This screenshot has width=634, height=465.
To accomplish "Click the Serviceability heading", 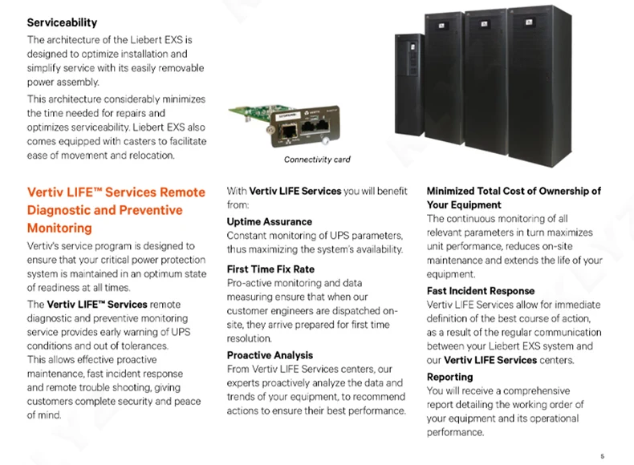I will [62, 23].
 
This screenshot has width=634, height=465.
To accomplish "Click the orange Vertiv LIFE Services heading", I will [116, 210].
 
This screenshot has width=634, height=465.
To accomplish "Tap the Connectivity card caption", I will [317, 160].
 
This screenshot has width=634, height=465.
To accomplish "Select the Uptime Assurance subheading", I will [269, 221].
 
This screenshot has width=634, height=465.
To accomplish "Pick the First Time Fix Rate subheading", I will [270, 269].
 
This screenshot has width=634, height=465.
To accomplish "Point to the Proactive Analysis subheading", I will [270, 355].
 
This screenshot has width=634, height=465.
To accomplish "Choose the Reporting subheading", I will [449, 377].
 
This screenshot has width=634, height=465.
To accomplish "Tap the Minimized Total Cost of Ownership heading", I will [514, 197].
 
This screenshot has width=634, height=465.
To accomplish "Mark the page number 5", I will [602, 455].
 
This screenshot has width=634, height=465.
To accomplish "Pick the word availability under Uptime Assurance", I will [376, 250].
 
